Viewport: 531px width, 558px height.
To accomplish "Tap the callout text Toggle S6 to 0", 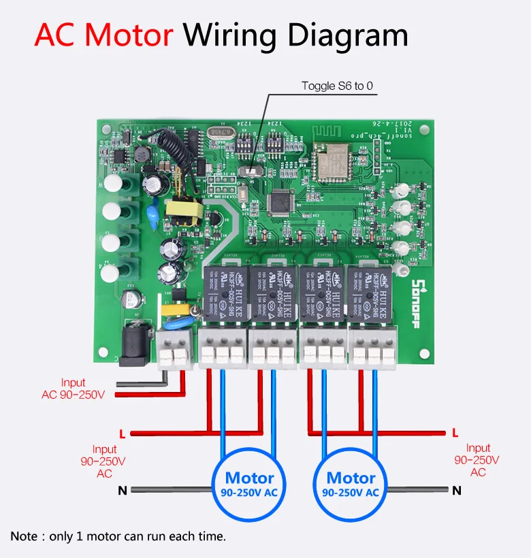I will click(338, 86).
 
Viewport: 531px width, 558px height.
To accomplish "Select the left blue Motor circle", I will click(249, 484).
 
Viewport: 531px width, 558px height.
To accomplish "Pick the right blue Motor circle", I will click(351, 484).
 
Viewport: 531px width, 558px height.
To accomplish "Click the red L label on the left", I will click(122, 433).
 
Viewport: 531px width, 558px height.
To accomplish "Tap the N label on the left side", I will click(123, 490).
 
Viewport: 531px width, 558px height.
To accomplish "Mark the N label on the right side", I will click(457, 490).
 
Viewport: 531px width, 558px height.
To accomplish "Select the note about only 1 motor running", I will click(118, 536).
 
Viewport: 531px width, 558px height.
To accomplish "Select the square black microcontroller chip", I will click(282, 200).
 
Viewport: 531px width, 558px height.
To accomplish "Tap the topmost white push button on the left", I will click(112, 184).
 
